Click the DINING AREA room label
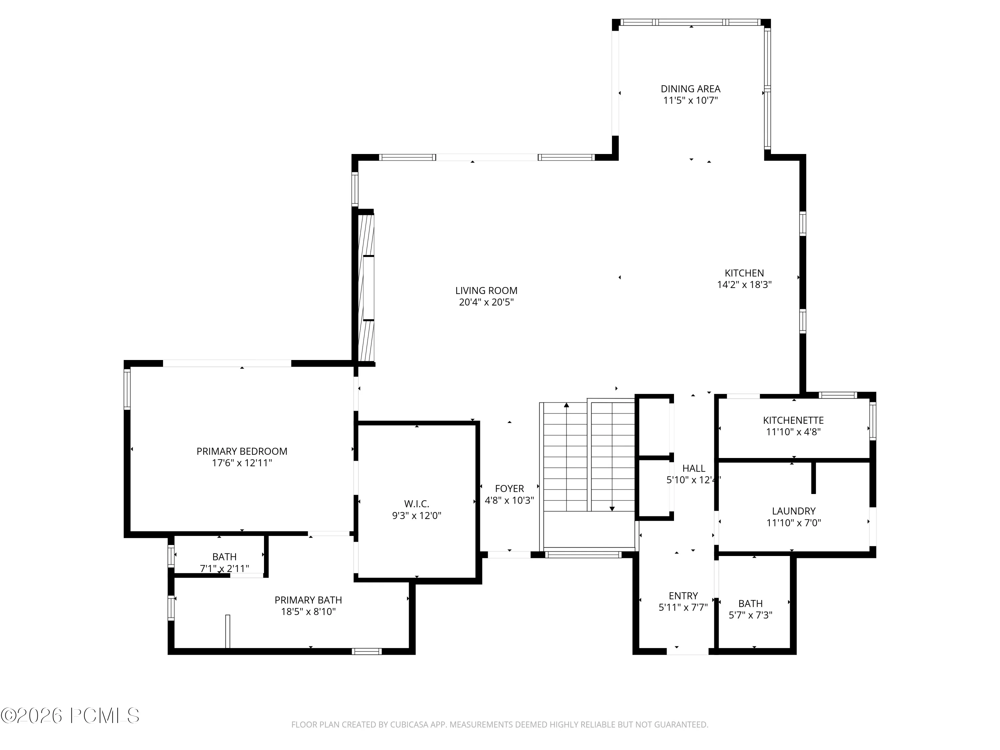click(x=690, y=89)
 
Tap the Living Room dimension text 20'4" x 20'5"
click(x=486, y=302)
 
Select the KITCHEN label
click(x=744, y=273)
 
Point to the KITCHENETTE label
click(x=793, y=420)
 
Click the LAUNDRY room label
click(x=793, y=511)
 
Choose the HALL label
click(x=693, y=468)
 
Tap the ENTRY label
click(x=683, y=596)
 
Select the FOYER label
click(x=509, y=489)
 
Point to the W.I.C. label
click(x=416, y=504)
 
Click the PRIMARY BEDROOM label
click(x=242, y=451)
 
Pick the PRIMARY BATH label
click(x=308, y=600)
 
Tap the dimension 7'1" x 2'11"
click(x=224, y=568)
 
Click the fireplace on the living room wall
click(x=366, y=288)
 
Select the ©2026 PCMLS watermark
click(x=70, y=716)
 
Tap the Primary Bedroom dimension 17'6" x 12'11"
click(x=242, y=463)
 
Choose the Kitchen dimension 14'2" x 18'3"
click(x=744, y=285)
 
